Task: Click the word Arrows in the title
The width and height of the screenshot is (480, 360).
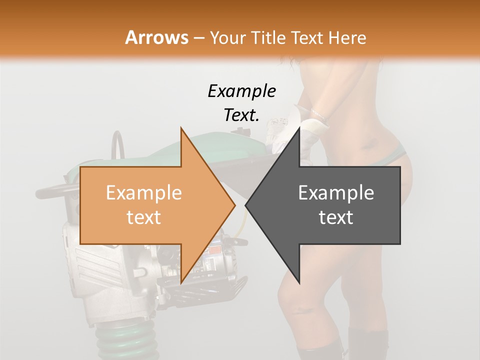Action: tap(156, 37)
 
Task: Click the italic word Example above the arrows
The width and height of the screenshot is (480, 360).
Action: tap(241, 91)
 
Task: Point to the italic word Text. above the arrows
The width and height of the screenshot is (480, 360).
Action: tap(241, 115)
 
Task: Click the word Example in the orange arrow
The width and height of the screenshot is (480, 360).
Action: tap(143, 193)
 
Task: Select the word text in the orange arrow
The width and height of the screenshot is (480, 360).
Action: tap(143, 217)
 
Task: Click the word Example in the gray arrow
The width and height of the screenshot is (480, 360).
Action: tap(336, 193)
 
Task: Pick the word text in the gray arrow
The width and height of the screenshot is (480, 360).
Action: tap(336, 217)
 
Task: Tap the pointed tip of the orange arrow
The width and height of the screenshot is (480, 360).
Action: tap(234, 205)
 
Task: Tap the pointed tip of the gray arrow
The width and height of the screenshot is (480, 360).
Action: tap(246, 205)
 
